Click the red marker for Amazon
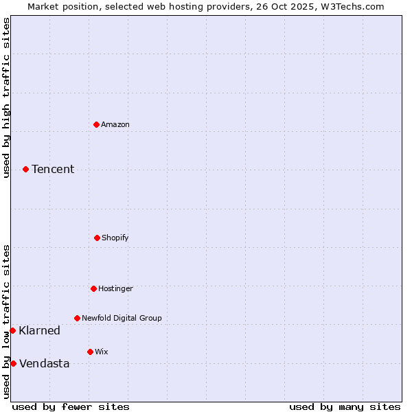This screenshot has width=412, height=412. tap(96, 124)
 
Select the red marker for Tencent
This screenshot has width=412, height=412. tap(25, 169)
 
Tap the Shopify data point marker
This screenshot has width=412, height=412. tap(97, 238)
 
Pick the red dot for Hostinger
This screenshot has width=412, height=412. tap(93, 288)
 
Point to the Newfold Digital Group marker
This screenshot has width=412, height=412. tap(77, 318)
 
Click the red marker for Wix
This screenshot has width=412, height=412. tap(90, 352)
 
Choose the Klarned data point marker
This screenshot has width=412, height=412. tap(12, 330)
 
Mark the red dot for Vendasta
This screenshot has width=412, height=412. tap(13, 363)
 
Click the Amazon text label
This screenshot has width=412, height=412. tap(115, 124)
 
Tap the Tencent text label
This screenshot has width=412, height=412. tap(53, 169)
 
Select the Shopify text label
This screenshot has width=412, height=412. tap(115, 238)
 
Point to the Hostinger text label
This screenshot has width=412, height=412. tap(115, 288)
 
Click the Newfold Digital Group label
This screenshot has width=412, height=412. tap(122, 318)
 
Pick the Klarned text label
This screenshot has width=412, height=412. tap(39, 330)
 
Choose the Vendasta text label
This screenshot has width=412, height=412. tap(44, 363)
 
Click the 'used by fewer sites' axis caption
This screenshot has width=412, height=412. tap(71, 407)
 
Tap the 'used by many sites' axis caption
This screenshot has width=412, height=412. tap(345, 407)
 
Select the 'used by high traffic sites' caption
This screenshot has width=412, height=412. tap(6, 98)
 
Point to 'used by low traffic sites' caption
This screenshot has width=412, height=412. tap(6, 321)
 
